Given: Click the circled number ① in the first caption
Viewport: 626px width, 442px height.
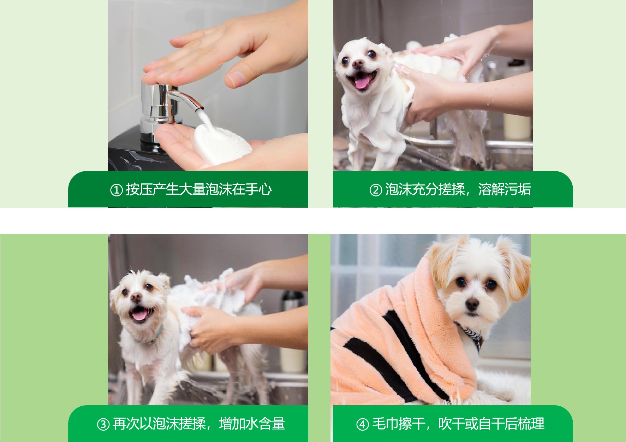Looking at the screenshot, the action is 116,190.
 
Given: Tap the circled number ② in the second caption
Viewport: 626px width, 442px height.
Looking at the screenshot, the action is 376,190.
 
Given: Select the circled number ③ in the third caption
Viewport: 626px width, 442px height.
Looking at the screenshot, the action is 103,424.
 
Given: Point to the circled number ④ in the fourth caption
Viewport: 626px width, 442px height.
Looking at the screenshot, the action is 362,424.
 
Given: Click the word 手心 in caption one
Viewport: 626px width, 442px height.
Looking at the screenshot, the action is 259,189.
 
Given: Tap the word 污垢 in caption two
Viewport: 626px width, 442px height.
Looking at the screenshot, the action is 518,189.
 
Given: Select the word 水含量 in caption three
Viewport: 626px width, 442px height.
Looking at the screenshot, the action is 266,423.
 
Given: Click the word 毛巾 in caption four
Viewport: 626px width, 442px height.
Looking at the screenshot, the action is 385,423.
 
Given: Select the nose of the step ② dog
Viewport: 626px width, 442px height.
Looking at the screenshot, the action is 358,64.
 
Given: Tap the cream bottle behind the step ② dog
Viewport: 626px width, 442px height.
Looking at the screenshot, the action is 517,126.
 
